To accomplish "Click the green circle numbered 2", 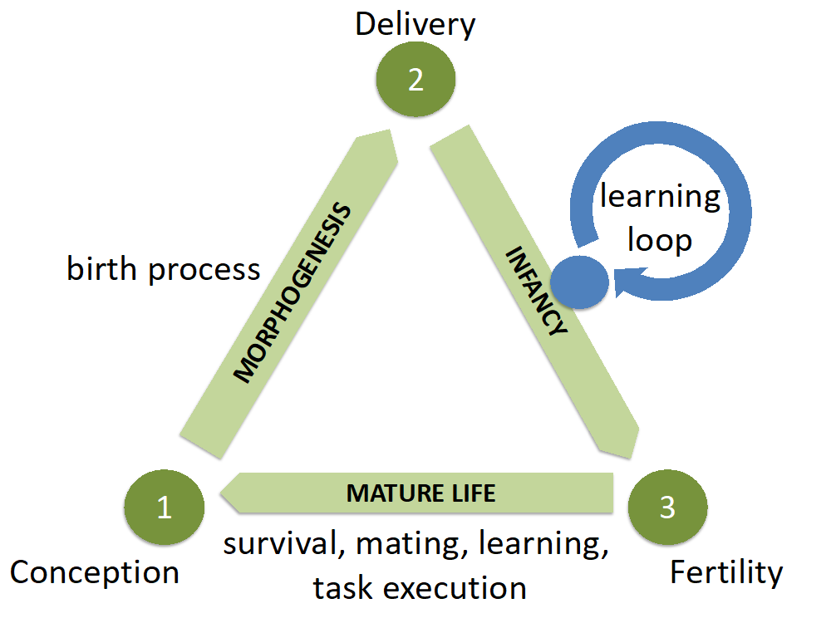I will pos(415,80).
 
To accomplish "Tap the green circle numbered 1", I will pos(164,507).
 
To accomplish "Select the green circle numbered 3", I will pos(667,507).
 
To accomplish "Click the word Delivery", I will pos(415,24).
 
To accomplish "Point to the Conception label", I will pos(94,572).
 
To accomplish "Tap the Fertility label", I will pos(726,572).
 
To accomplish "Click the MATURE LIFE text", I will pos(420,493).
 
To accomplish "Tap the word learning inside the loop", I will pos(660,197).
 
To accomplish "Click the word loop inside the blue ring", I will pos(660,240).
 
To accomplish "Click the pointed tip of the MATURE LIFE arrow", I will pos(221,493).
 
